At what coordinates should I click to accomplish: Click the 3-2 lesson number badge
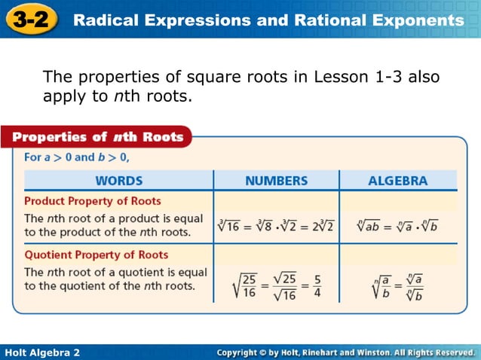30,18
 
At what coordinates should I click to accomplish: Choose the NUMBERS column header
277,181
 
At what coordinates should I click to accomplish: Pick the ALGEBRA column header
397,181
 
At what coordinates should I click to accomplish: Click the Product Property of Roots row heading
93,201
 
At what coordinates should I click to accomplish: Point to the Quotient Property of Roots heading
97,255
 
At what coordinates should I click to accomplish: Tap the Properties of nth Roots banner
98,137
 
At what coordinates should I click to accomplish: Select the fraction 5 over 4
317,285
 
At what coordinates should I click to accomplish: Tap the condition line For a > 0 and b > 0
77,157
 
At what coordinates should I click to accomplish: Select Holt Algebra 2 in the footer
42,352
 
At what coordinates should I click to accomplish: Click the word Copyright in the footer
246,352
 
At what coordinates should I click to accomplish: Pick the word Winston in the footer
368,352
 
